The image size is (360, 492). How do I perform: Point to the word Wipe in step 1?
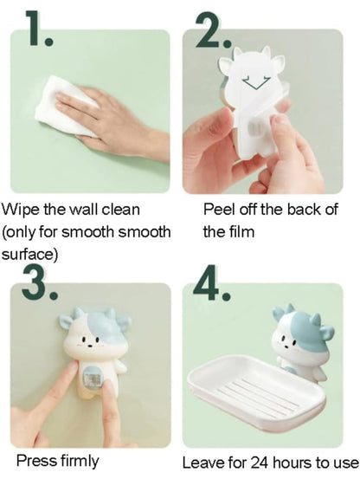pos(21,210)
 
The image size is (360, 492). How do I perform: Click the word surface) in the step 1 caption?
pos(29,255)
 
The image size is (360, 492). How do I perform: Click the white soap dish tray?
pos(256,393)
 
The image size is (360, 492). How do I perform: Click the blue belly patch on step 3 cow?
pos(93,379)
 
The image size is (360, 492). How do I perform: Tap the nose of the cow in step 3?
pos(90,346)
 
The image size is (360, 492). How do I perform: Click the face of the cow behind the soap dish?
pos(287,342)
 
